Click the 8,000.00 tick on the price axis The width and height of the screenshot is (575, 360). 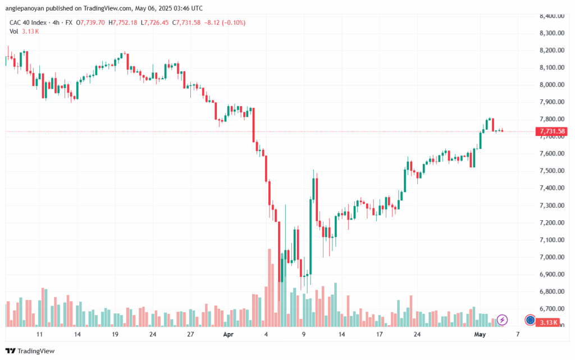pyautogui.click(x=551, y=85)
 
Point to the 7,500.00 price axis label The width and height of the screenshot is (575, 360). pyautogui.click(x=551, y=171)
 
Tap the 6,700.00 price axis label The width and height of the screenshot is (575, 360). pyautogui.click(x=551, y=309)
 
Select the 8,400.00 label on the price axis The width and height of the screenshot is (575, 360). pyautogui.click(x=551, y=16)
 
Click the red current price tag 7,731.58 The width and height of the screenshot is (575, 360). pyautogui.click(x=552, y=131)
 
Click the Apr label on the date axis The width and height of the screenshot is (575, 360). pyautogui.click(x=228, y=334)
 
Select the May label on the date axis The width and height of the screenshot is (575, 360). pyautogui.click(x=479, y=334)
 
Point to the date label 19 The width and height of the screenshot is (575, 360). pyautogui.click(x=115, y=334)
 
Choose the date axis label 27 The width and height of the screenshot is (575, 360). pyautogui.click(x=191, y=334)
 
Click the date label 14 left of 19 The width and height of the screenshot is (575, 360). pyautogui.click(x=77, y=334)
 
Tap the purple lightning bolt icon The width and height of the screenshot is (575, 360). pyautogui.click(x=503, y=320)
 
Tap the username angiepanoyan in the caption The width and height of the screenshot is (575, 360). pyautogui.click(x=29, y=8)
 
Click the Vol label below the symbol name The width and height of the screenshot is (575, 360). pyautogui.click(x=14, y=31)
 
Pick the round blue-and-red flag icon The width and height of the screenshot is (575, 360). pyautogui.click(x=530, y=320)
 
